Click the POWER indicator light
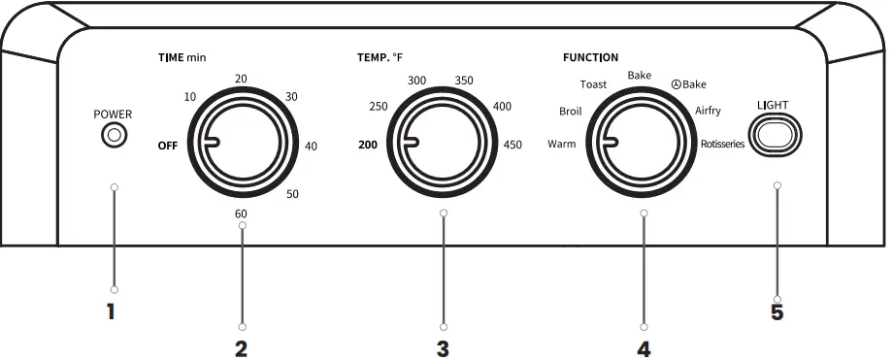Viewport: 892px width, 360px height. tap(114, 135)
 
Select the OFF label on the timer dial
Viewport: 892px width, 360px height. tap(168, 146)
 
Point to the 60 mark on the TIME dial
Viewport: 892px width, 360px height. tap(241, 213)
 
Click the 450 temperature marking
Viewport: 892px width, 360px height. tap(512, 145)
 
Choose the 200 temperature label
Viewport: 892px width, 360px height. tap(368, 145)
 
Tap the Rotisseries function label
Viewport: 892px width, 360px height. tap(722, 144)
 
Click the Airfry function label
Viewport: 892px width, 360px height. tap(708, 111)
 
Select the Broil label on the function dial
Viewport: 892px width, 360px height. tap(571, 112)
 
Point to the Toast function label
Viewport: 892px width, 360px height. tap(593, 84)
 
